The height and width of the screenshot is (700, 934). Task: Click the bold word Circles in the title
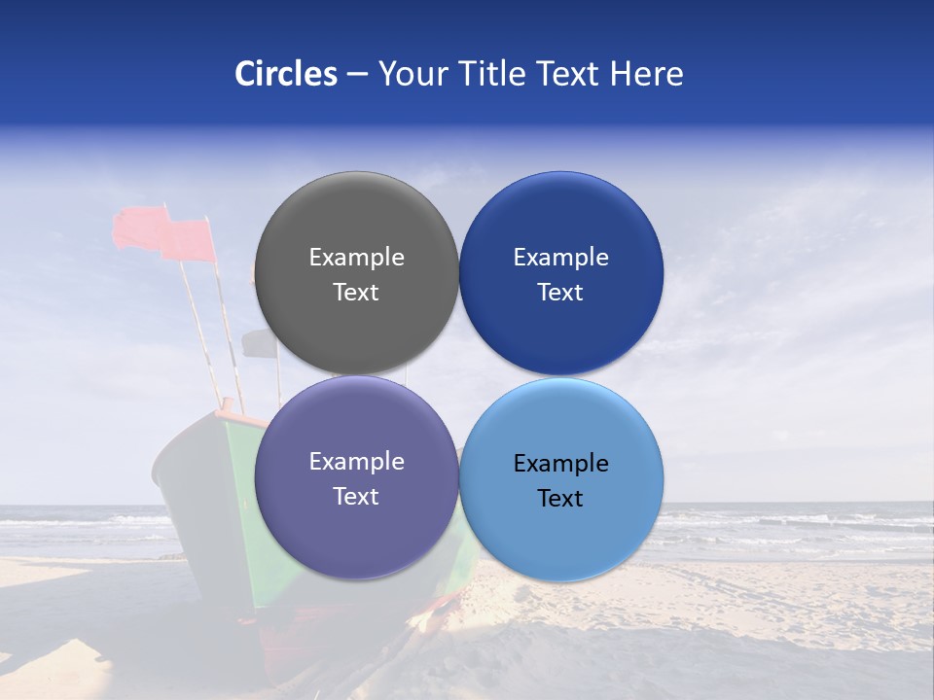pyautogui.click(x=285, y=74)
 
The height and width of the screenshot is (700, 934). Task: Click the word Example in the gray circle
pyautogui.click(x=356, y=258)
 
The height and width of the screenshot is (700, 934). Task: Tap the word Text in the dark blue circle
pyautogui.click(x=560, y=293)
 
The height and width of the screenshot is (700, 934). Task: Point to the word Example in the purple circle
pyautogui.click(x=356, y=462)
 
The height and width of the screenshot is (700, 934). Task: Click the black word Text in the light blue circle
pyautogui.click(x=560, y=499)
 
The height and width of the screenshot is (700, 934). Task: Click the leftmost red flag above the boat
pyautogui.click(x=139, y=228)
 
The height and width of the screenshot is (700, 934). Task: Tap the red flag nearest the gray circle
pyautogui.click(x=190, y=241)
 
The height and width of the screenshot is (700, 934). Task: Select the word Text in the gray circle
pyautogui.click(x=356, y=293)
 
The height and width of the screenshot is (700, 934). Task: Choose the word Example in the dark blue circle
pyautogui.click(x=560, y=258)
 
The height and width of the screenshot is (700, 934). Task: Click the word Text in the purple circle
pyautogui.click(x=356, y=497)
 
